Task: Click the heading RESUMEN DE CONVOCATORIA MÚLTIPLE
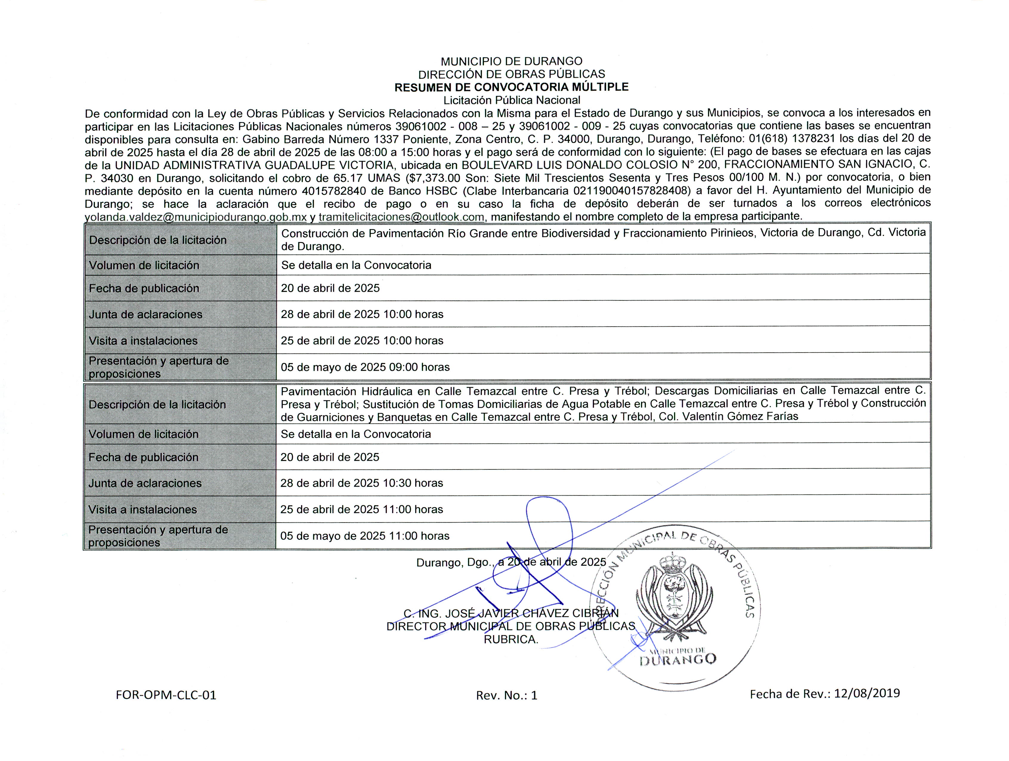click(x=511, y=87)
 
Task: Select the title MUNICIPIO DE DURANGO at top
click(x=511, y=61)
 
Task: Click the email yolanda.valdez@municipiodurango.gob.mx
click(x=196, y=217)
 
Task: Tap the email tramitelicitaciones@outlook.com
click(x=401, y=217)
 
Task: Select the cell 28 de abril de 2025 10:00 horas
click(x=362, y=314)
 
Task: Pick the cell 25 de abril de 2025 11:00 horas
click(x=361, y=509)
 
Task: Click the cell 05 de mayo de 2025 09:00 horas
click(x=365, y=367)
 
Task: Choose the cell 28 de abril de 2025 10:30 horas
click(x=361, y=483)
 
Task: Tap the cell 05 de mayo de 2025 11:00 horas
click(x=364, y=536)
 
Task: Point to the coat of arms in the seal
click(x=674, y=593)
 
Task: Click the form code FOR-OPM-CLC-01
click(x=166, y=695)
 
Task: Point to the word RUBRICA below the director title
click(x=510, y=639)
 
